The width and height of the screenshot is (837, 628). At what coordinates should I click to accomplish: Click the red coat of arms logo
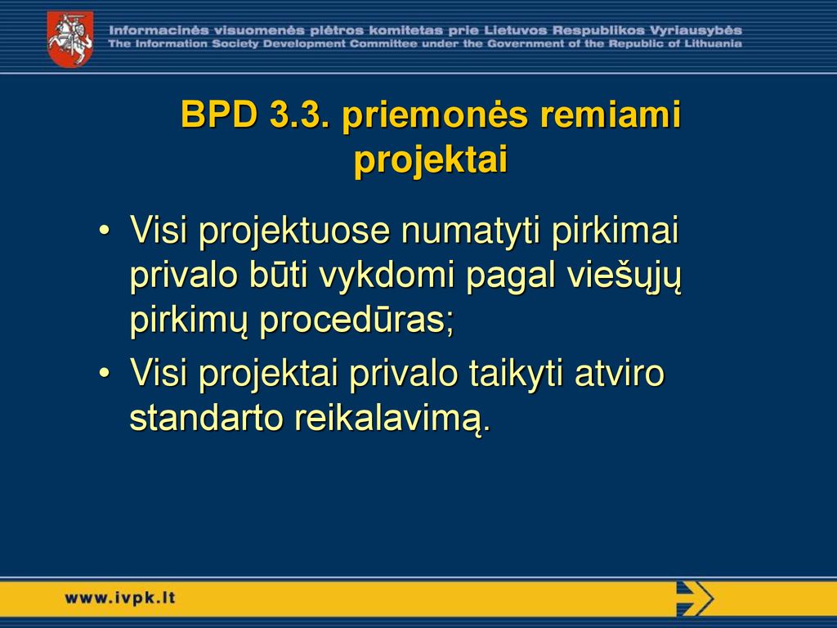click(x=70, y=38)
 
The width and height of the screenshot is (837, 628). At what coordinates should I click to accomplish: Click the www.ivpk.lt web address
click(x=119, y=598)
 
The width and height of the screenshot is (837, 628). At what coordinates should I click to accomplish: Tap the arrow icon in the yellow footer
click(x=695, y=599)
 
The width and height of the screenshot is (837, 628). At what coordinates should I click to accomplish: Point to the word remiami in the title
click(x=611, y=114)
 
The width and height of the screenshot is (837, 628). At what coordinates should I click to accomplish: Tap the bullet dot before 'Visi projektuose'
click(x=105, y=231)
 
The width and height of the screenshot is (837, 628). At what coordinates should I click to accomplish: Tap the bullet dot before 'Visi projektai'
click(x=105, y=373)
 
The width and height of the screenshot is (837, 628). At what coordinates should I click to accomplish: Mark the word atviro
click(x=620, y=373)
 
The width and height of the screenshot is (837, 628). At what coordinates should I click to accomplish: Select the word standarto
click(x=206, y=419)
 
